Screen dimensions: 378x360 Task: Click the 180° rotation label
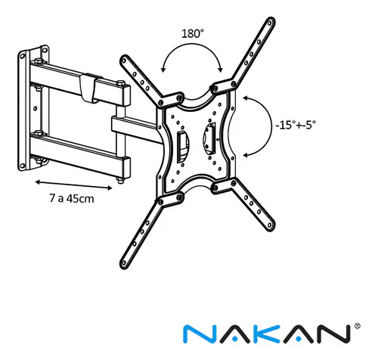pos(193,33)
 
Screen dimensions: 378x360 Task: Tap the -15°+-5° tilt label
pos(296,125)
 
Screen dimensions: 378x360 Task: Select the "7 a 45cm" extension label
pos(72,198)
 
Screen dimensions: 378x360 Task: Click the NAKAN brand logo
pos(268,334)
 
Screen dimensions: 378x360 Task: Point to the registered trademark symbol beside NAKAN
pos(357,326)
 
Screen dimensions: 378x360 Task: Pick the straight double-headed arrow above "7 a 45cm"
pos(73,185)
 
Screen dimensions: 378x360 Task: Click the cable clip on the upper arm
pos(88,88)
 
